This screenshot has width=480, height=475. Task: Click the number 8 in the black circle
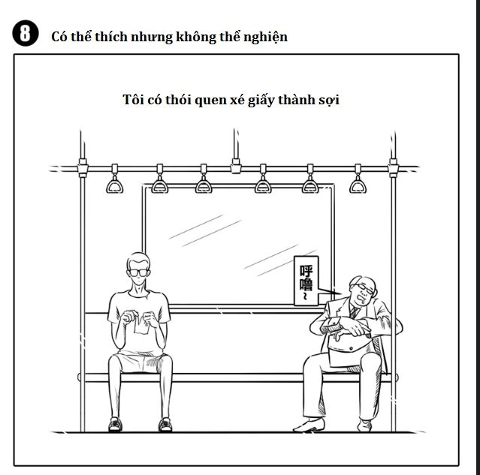click(26, 35)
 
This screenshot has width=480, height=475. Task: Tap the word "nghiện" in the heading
click(265, 36)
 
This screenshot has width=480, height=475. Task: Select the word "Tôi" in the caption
click(132, 101)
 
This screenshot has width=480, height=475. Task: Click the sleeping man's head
click(361, 289)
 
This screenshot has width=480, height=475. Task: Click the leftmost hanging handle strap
click(115, 183)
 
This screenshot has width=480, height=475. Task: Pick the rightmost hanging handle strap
click(358, 183)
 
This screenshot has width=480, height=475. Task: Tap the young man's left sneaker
click(114, 424)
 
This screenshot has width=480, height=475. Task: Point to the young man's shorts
click(137, 362)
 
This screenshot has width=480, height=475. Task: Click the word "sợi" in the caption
click(328, 101)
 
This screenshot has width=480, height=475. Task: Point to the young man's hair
click(137, 257)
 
